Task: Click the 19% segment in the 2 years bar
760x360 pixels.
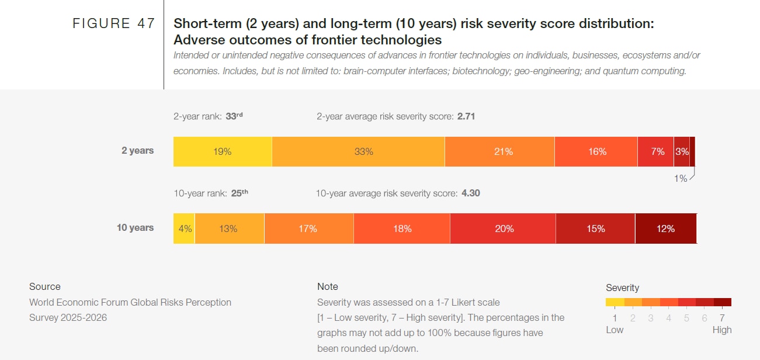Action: pyautogui.click(x=223, y=152)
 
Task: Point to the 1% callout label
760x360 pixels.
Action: pyautogui.click(x=681, y=179)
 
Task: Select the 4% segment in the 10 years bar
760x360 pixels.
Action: pyautogui.click(x=185, y=229)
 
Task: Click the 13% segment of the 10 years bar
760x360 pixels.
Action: pyautogui.click(x=229, y=229)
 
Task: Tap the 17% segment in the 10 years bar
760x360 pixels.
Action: pyautogui.click(x=308, y=229)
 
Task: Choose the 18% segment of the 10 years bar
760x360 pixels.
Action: pyautogui.click(x=402, y=229)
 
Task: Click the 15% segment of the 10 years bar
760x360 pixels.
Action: pyautogui.click(x=595, y=229)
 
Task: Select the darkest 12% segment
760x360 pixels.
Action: pyautogui.click(x=665, y=229)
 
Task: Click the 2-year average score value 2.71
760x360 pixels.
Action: pyautogui.click(x=466, y=116)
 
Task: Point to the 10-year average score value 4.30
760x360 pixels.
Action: pyautogui.click(x=470, y=193)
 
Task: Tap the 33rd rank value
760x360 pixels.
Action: pyautogui.click(x=234, y=116)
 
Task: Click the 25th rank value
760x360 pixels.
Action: pyautogui.click(x=240, y=193)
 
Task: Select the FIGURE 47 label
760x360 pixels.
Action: pyautogui.click(x=114, y=23)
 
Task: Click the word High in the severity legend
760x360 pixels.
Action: pyautogui.click(x=722, y=330)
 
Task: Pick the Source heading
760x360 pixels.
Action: pyautogui.click(x=45, y=286)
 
